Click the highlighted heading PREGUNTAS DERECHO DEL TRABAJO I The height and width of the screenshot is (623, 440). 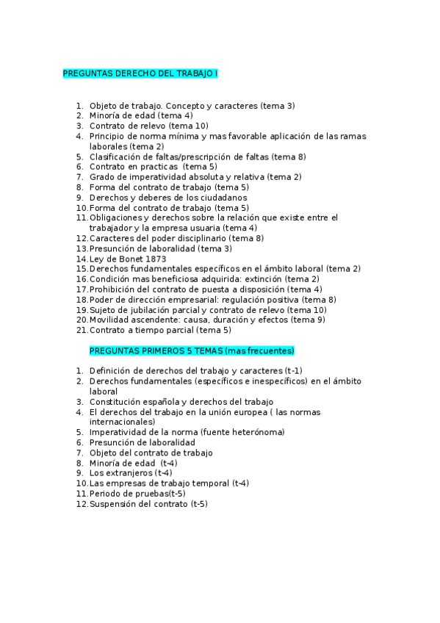[x=140, y=74]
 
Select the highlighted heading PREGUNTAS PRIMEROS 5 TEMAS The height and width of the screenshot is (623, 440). [x=192, y=351]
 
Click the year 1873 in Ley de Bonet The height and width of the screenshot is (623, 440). [x=134, y=259]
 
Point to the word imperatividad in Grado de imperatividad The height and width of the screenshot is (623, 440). [x=149, y=177]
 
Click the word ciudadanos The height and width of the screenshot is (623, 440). [x=221, y=198]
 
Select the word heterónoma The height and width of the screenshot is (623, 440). [x=258, y=433]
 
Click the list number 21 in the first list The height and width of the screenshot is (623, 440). [x=81, y=331]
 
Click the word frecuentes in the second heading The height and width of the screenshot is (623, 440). [x=270, y=351]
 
